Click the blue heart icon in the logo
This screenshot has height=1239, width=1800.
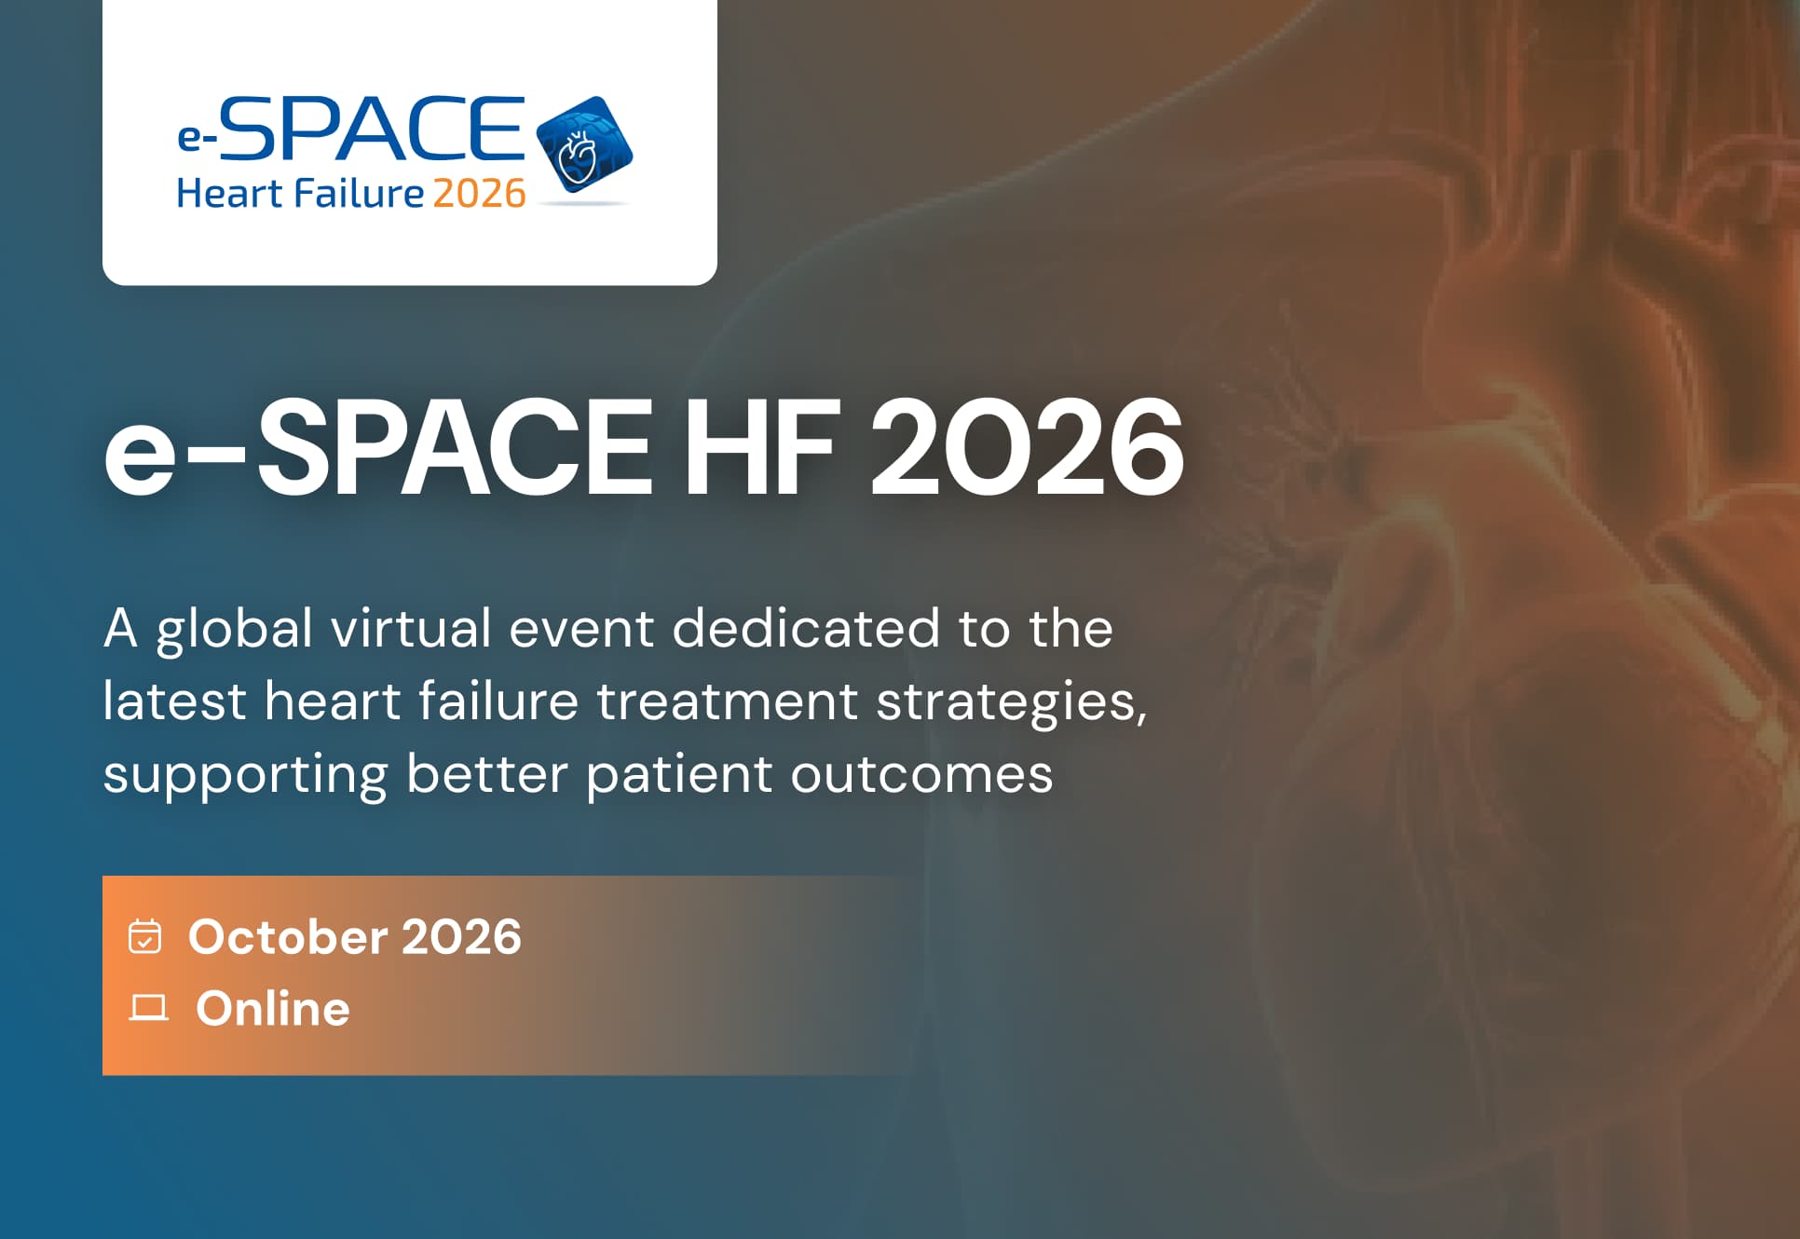(584, 145)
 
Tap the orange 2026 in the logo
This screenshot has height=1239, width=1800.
(479, 194)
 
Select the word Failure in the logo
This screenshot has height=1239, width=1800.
(359, 194)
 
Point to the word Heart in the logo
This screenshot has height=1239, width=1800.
(229, 194)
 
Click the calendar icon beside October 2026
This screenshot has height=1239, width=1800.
(144, 937)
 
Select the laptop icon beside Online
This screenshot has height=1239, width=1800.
(148, 1008)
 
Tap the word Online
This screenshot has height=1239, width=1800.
(273, 1008)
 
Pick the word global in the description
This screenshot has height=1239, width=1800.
(234, 629)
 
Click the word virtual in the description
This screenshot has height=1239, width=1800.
(411, 628)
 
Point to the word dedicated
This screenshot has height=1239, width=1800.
(806, 628)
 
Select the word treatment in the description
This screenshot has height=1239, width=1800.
(727, 701)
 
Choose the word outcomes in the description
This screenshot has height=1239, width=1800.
(921, 774)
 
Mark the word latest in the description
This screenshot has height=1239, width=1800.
(174, 701)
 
